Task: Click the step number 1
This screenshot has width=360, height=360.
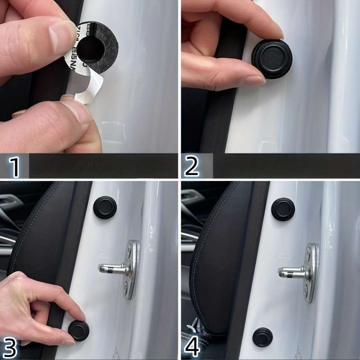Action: tap(15, 166)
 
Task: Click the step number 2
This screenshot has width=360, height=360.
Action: tap(192, 166)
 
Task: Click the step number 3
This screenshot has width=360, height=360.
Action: tap(10, 347)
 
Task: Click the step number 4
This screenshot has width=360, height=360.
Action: tap(192, 347)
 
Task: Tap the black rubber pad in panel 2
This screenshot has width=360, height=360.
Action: tap(271, 59)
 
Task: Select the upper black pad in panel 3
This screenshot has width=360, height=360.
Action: tap(105, 207)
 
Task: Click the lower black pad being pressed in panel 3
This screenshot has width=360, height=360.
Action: tap(79, 331)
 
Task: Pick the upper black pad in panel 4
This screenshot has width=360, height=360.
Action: tap(283, 209)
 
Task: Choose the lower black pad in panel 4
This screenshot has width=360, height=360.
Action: tap(262, 337)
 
